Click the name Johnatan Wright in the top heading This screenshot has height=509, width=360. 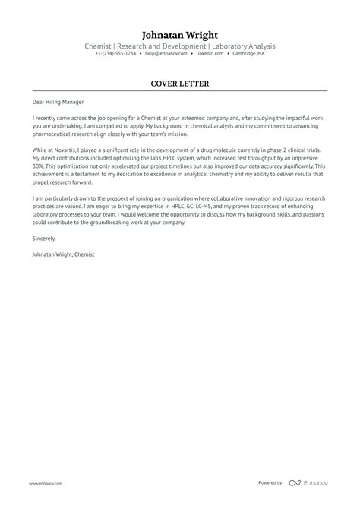180,35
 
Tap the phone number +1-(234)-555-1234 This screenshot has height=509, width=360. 115,54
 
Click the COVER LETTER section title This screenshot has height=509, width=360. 180,84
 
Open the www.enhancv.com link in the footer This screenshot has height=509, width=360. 46,483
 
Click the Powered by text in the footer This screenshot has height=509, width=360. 270,483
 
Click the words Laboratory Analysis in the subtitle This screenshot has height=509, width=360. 244,46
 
